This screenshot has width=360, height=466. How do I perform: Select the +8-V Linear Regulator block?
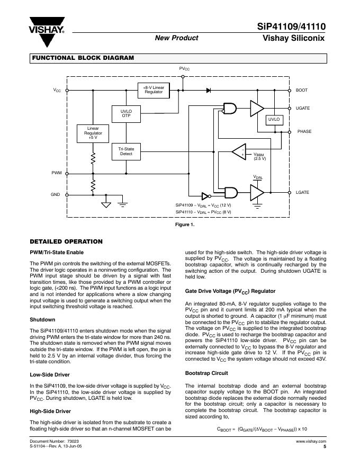(x=154, y=90)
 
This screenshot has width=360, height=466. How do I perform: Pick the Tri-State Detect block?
(x=126, y=151)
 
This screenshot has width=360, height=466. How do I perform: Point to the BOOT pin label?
(x=302, y=91)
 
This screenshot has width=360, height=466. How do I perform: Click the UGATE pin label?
(x=303, y=109)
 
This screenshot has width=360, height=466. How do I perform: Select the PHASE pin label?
(x=304, y=131)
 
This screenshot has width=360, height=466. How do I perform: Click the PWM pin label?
(x=56, y=174)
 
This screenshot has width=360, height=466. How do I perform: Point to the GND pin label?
(x=56, y=194)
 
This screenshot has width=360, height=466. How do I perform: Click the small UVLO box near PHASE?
(x=274, y=120)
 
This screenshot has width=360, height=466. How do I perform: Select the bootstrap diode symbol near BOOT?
(x=209, y=91)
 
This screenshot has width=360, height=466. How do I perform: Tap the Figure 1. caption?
(x=185, y=225)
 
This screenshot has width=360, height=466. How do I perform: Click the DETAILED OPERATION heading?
(x=66, y=241)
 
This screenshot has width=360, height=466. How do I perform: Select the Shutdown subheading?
(x=42, y=320)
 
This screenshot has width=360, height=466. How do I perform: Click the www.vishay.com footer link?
(x=311, y=441)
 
